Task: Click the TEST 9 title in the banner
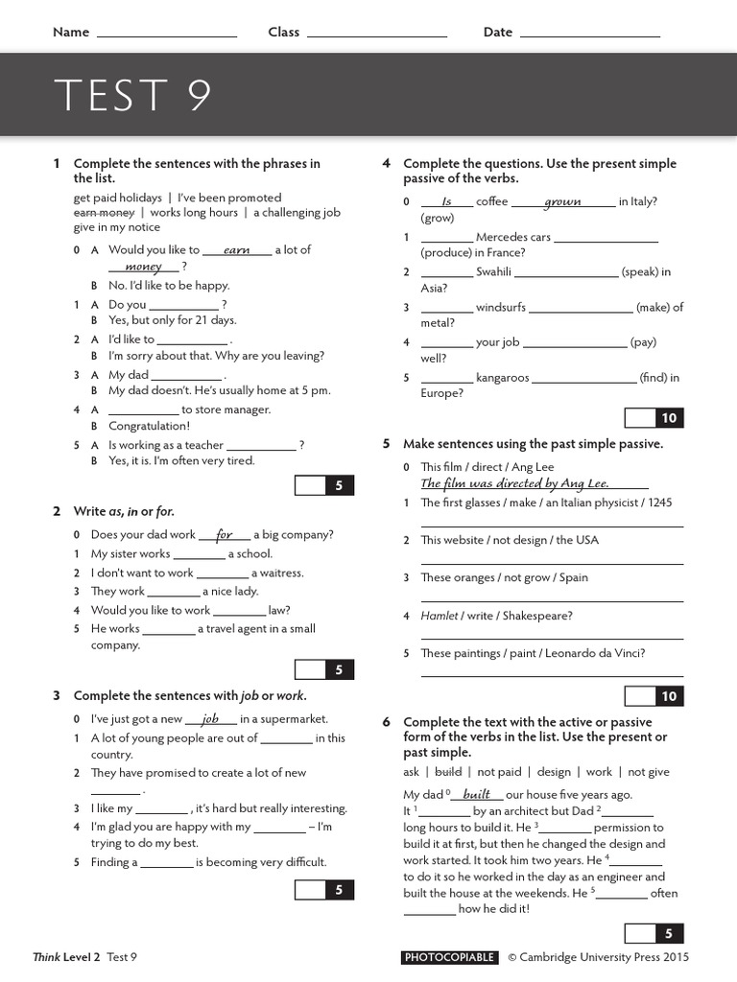coord(132,95)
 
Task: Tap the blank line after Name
coord(167,34)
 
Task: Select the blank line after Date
coord(590,34)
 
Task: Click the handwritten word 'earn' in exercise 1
coord(236,250)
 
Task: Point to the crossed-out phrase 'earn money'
coord(104,212)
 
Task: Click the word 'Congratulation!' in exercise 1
coord(149,426)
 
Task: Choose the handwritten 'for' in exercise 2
coord(225,534)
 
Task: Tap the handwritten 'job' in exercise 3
coord(210,718)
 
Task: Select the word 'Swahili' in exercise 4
coord(493,271)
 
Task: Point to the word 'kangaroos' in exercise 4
coord(502,378)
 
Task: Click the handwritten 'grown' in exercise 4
coord(562,202)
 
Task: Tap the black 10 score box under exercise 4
coord(668,418)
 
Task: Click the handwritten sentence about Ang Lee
coord(514,483)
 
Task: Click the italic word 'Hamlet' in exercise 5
coord(439,616)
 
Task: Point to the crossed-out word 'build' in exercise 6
coord(448,771)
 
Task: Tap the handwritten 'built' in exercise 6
coord(476,794)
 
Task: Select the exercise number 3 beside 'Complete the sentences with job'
coord(57,695)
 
